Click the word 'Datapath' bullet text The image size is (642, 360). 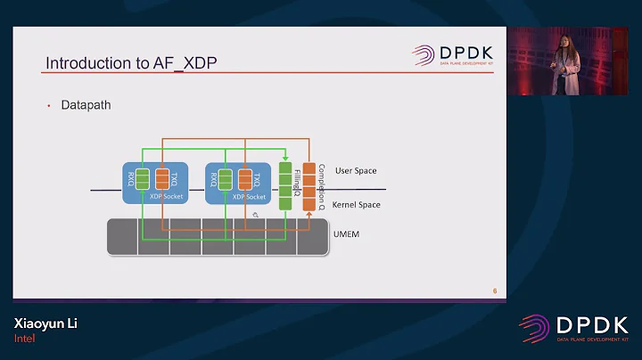[x=86, y=105]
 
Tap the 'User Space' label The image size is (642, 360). [x=356, y=170]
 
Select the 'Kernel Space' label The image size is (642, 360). [x=357, y=205]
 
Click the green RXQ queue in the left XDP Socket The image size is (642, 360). [x=142, y=179]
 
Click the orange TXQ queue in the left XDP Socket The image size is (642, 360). [x=162, y=179]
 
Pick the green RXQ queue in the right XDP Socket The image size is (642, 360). [x=225, y=179]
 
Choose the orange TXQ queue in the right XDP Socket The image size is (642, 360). [x=245, y=179]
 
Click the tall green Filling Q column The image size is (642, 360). [x=285, y=185]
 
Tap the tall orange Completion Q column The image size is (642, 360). [x=309, y=187]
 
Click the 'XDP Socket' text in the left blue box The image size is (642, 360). [x=165, y=196]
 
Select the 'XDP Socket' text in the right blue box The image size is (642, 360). [x=248, y=196]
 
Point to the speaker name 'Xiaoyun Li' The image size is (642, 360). [x=45, y=323]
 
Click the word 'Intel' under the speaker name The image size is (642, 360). [x=23, y=339]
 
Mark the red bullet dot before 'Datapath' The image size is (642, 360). [x=49, y=106]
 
